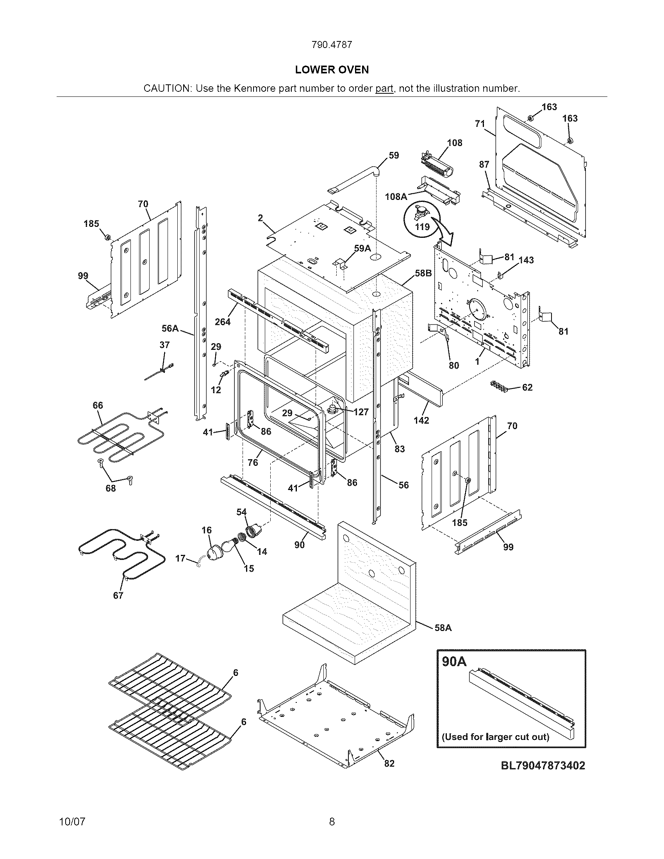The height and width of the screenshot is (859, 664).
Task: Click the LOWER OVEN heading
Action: (x=332, y=70)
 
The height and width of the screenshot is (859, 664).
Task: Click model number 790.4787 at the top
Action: (x=332, y=45)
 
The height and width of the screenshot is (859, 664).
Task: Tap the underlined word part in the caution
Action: (x=384, y=89)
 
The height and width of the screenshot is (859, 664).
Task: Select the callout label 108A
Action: (x=396, y=196)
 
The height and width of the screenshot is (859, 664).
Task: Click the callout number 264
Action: (x=223, y=322)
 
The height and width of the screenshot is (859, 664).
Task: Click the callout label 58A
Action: (x=443, y=628)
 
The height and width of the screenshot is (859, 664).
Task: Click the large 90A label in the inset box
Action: (x=454, y=661)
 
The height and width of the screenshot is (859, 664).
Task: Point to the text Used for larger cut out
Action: (x=495, y=736)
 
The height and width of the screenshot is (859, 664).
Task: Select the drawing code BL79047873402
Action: (x=543, y=765)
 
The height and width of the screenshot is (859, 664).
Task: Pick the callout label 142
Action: (x=421, y=421)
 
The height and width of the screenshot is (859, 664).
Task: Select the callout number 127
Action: (x=361, y=412)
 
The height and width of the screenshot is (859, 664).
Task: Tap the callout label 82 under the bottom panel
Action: (x=389, y=763)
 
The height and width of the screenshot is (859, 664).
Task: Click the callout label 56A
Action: (x=170, y=328)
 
